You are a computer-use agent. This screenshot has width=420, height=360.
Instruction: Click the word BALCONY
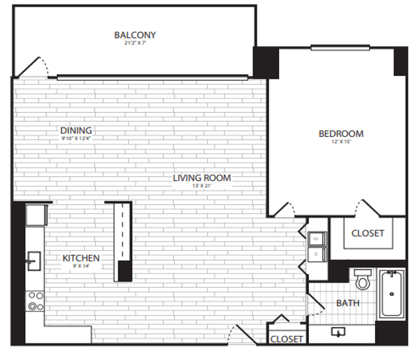(135, 34)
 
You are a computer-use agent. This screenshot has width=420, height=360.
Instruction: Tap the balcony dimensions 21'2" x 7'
(135, 44)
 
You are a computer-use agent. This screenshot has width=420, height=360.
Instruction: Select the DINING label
(76, 130)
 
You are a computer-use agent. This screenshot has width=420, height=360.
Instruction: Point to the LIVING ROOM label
(202, 177)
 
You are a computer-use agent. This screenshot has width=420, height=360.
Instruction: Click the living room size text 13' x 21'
(202, 187)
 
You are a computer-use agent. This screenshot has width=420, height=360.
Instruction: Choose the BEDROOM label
(341, 133)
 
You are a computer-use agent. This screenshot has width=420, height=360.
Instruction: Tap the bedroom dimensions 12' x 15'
(341, 142)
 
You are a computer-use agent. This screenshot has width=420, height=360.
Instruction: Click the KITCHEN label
(81, 258)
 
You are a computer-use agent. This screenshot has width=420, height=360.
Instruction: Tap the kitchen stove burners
(35, 301)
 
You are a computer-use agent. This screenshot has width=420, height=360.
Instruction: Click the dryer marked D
(316, 253)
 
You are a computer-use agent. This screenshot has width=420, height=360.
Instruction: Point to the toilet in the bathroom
(362, 281)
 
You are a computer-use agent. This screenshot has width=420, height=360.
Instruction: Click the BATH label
(348, 304)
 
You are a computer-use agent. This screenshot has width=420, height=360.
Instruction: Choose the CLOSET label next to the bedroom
(368, 233)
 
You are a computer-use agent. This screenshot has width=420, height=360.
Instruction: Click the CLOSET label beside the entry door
(287, 339)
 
